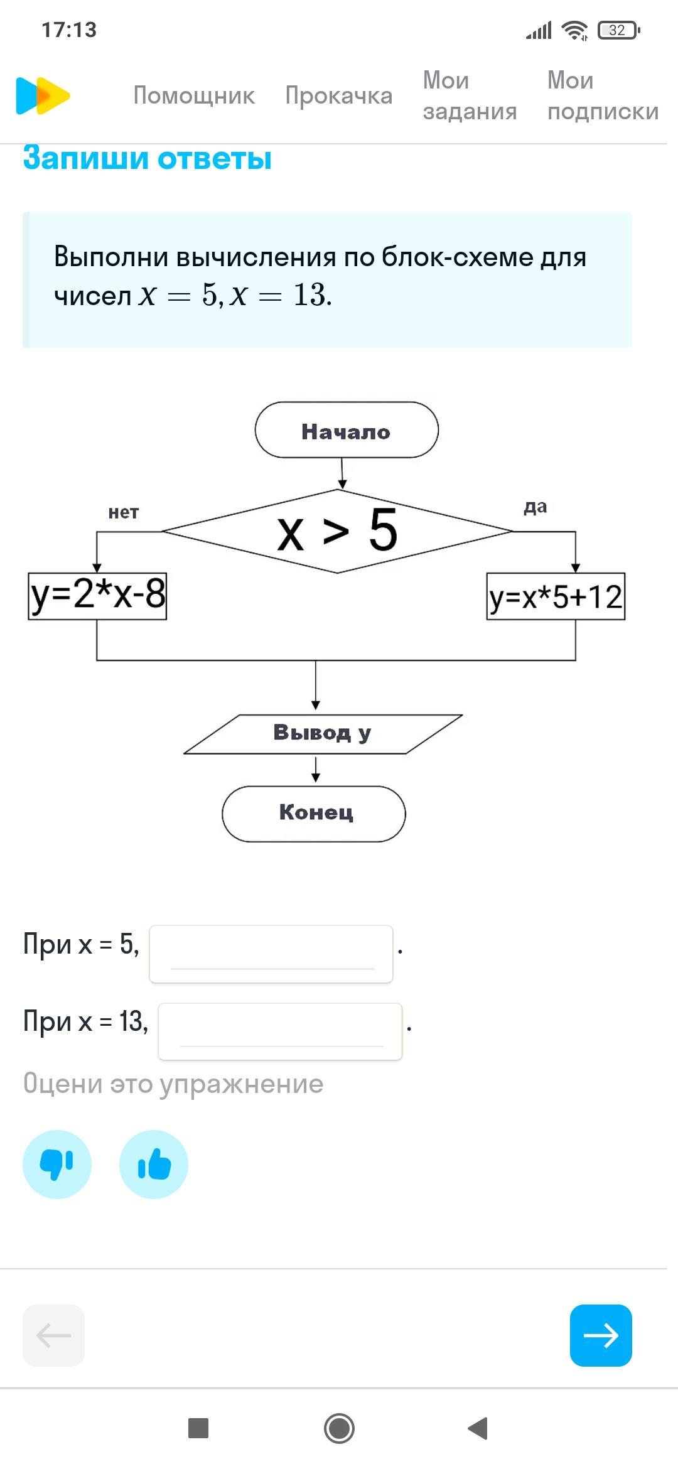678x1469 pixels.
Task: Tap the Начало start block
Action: [346, 430]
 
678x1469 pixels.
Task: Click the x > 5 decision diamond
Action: [338, 531]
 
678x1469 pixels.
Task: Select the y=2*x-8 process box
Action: [97, 596]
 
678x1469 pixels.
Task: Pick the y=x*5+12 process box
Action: [556, 596]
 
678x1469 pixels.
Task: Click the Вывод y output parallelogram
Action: [323, 733]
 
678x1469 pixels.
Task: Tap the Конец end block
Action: [314, 814]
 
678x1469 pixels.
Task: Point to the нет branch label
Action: [123, 512]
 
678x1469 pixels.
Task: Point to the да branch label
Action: [535, 507]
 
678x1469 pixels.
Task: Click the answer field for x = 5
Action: [271, 954]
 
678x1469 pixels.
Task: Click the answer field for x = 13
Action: [280, 1031]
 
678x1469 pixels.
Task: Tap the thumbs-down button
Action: [57, 1164]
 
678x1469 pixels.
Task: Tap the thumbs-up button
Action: [154, 1164]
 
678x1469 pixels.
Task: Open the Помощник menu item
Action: [194, 95]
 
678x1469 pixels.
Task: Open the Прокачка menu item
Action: [338, 95]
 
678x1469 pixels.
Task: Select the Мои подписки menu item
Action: [603, 95]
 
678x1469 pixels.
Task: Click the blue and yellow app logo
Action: [42, 95]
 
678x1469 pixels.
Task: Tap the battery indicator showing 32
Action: [618, 30]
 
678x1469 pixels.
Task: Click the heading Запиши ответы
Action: [148, 158]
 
